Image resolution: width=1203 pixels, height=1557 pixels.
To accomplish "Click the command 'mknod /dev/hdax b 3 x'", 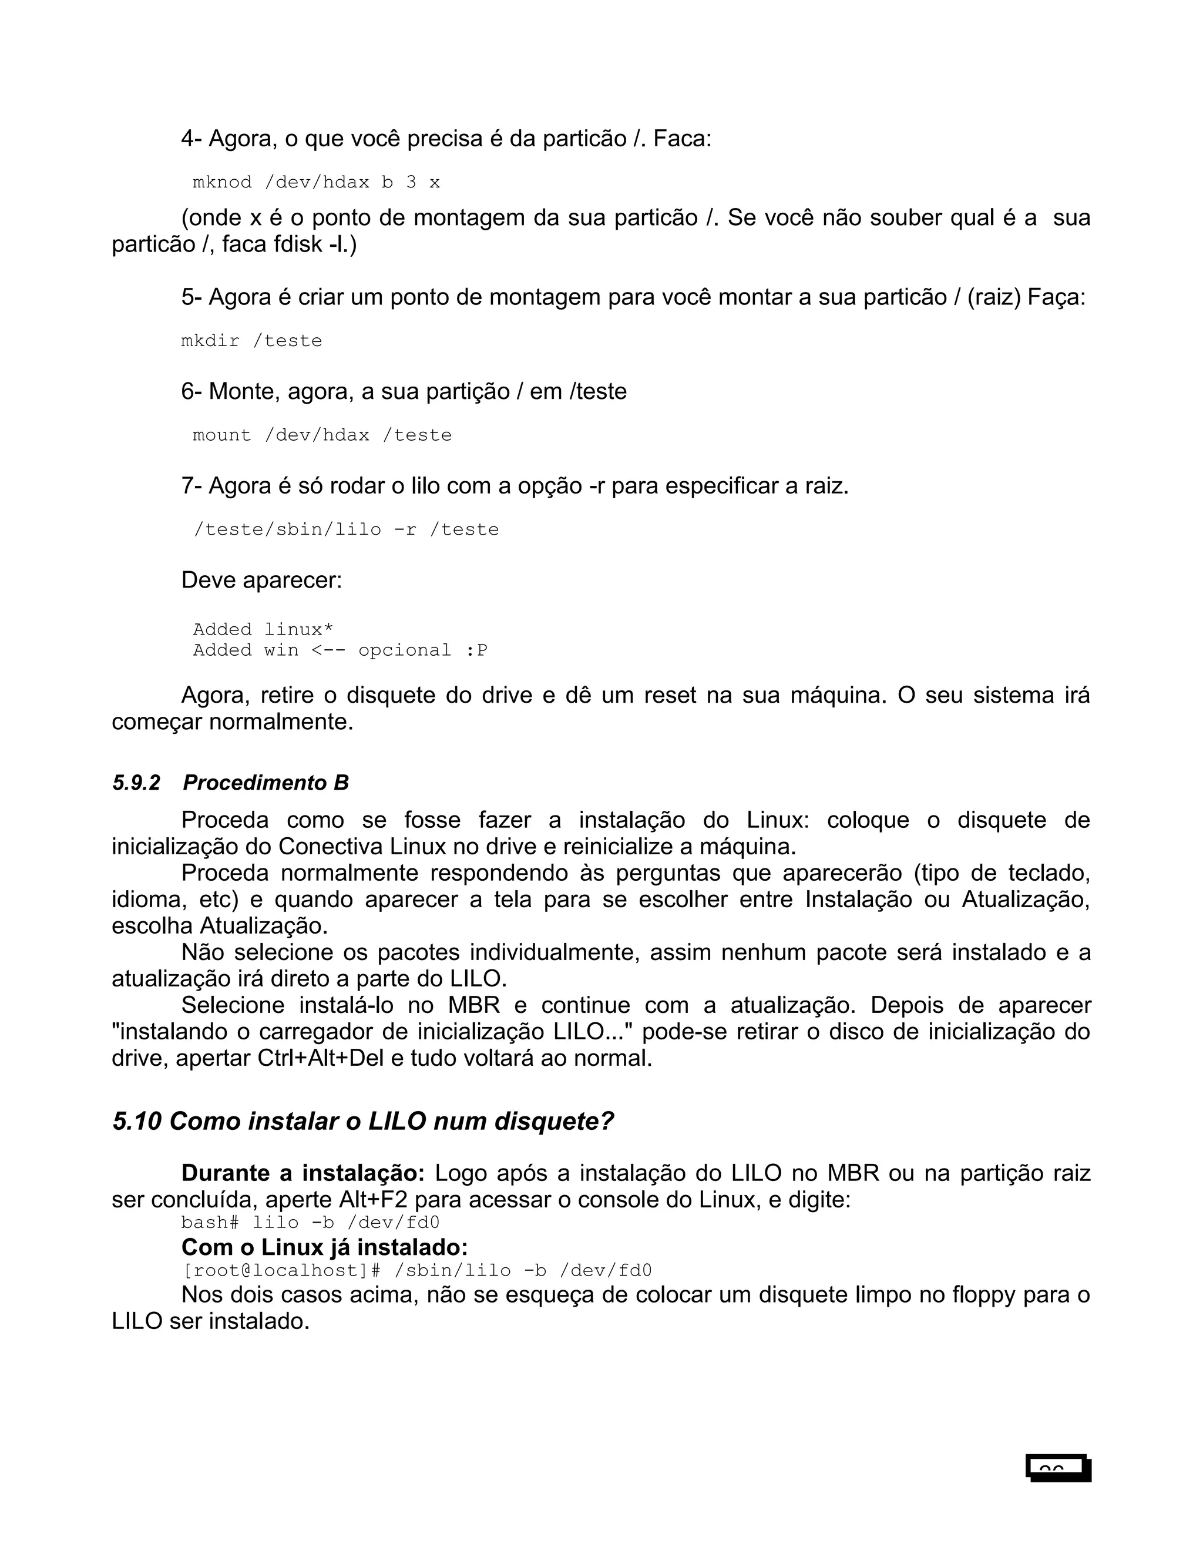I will [317, 183].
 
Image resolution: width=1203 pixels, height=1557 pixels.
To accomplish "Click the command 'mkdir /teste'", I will [251, 341].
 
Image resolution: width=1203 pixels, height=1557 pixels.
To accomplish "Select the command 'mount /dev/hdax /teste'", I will [322, 435].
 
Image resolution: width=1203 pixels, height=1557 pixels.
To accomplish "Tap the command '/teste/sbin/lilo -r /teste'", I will [347, 529].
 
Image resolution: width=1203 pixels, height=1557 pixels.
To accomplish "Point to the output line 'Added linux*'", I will [262, 629].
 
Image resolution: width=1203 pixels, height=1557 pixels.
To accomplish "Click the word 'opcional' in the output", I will [404, 650].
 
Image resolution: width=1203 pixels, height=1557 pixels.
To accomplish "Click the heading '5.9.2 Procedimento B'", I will [230, 783].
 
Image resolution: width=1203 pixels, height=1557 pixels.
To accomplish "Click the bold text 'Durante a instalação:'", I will [303, 1173].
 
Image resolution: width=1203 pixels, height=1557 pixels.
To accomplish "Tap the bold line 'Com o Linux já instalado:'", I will [324, 1247].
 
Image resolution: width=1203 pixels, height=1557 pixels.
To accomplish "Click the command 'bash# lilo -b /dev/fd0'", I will [310, 1223].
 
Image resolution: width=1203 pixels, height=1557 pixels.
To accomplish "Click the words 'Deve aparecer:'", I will [261, 579].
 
